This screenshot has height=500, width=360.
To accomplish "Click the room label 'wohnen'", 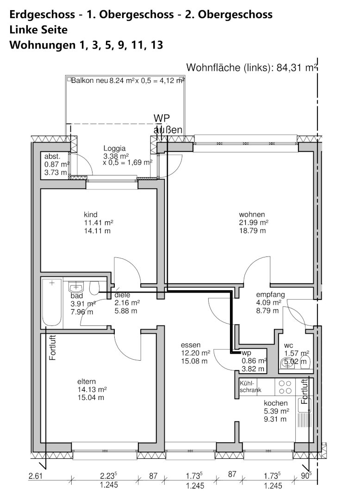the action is pos(252,215).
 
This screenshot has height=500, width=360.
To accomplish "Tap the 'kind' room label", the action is pos(91,215).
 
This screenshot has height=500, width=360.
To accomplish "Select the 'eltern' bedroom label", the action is pos(87,381).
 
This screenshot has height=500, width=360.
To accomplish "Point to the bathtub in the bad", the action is pos(52,303).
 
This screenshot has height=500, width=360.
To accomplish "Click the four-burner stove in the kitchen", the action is pos(285,387).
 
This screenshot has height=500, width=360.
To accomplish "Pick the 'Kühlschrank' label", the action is pos(250,387).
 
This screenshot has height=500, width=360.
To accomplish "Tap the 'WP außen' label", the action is pos(168,124).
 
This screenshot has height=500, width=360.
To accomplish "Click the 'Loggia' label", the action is pos(114,148).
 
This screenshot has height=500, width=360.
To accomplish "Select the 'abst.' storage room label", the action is pos(52,156).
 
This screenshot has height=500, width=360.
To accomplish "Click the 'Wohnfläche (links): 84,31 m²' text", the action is pos(252,68).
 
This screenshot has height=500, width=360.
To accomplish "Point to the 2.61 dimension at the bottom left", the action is pos(35,476).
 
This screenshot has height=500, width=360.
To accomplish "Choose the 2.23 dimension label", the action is pos(107,476).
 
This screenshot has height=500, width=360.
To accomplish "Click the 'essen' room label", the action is pos(191,345).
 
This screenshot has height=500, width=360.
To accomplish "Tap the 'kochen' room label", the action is pos(276,403).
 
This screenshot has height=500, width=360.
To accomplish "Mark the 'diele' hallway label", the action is pos(122,295).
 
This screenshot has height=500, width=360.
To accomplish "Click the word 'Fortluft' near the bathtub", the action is pos(53,348).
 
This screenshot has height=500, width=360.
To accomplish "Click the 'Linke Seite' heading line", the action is pos(38,30).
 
